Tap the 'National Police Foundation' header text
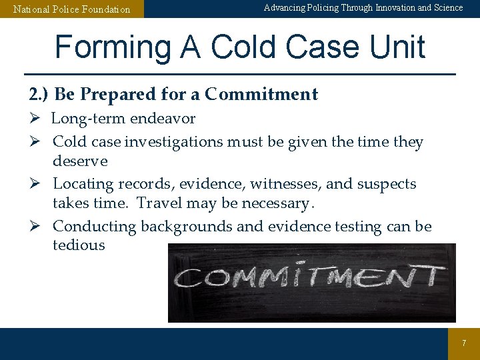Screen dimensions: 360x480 tap(72, 9)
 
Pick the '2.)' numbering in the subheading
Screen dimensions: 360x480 tap(39, 95)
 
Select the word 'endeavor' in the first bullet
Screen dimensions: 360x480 tap(164, 119)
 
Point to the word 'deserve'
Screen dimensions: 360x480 tap(80, 161)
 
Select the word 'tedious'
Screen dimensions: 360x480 tap(79, 245)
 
